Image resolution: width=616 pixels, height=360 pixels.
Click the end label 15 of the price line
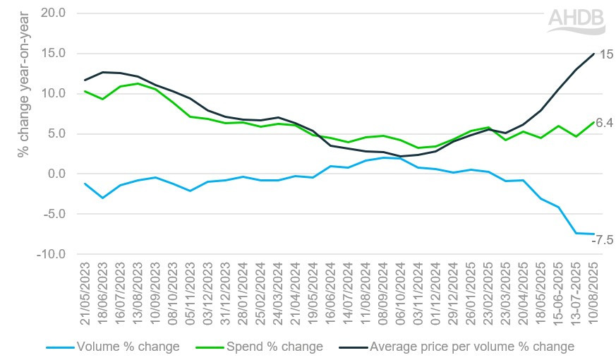coord(605,54)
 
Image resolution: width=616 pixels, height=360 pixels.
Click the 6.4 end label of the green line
coord(604,123)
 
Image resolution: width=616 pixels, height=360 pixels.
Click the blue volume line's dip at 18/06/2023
coord(103,198)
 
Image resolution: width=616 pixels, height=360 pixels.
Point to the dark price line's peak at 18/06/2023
coord(103,72)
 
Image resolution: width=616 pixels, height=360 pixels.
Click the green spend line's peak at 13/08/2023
coord(138,83)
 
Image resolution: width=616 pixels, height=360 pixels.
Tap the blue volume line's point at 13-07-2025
coord(576,233)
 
